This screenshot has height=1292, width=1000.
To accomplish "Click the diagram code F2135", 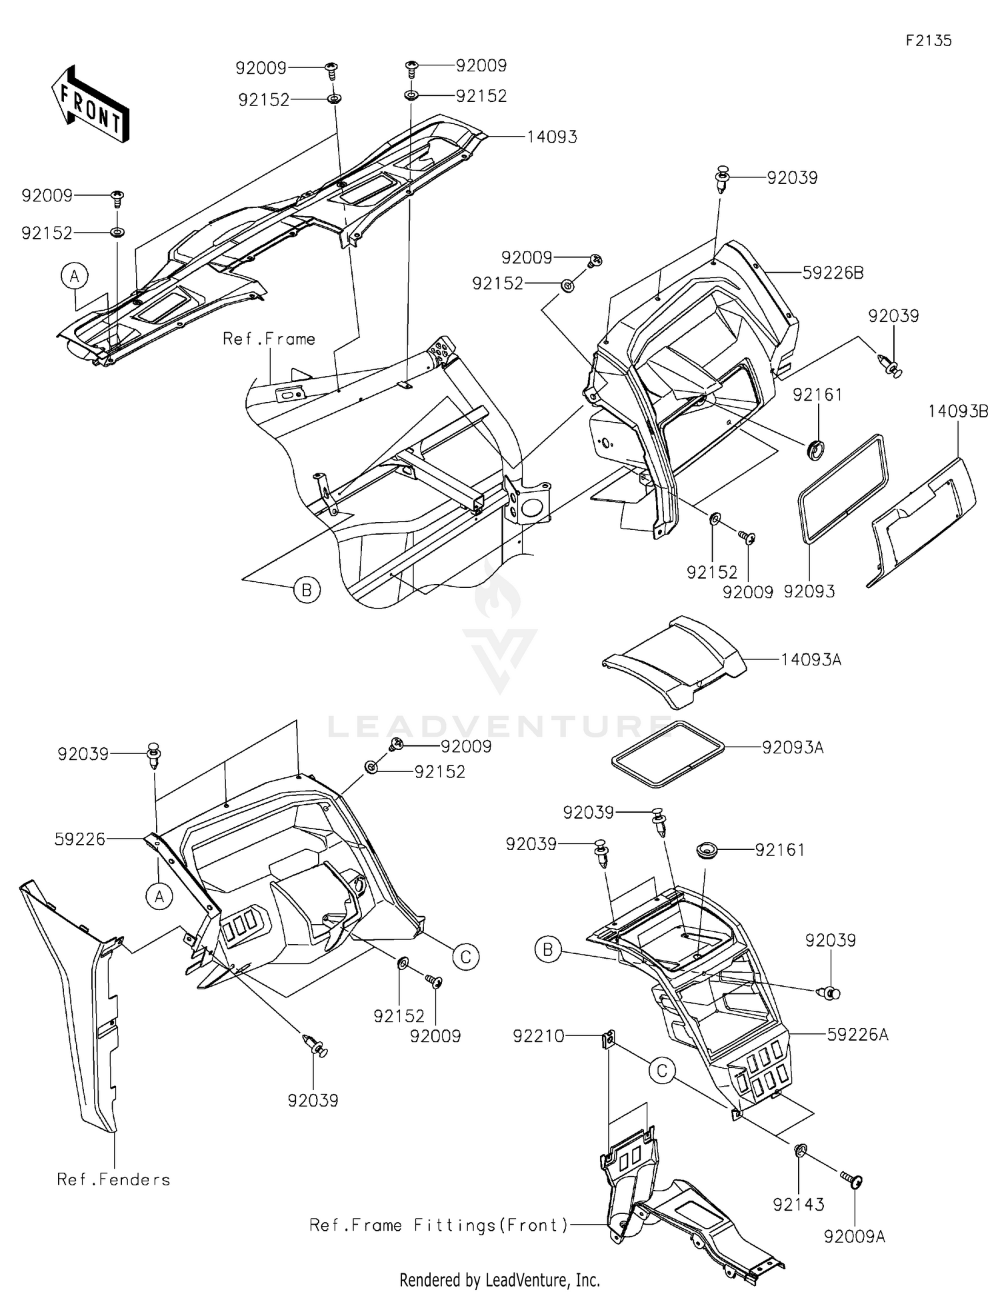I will (x=928, y=41).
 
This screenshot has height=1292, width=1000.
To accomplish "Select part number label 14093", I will (x=552, y=137).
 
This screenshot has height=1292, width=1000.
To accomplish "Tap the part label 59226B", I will (x=833, y=273).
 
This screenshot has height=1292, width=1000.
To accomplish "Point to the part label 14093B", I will (x=958, y=411).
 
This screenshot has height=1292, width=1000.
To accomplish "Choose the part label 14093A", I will (x=811, y=660).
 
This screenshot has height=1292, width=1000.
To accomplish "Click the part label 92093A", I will (x=793, y=748).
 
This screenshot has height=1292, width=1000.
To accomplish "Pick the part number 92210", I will (x=538, y=1036).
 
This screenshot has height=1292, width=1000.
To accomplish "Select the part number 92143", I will (x=799, y=1205).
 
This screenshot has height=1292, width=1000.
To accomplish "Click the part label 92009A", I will (x=855, y=1237).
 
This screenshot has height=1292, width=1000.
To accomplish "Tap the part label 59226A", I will (x=858, y=1035).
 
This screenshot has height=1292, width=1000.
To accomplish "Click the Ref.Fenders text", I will (x=113, y=1179).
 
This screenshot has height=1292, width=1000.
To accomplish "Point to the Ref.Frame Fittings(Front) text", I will (x=439, y=1225).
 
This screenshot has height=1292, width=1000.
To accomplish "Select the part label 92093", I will (x=809, y=591).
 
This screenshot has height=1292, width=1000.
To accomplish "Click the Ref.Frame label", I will (x=269, y=339).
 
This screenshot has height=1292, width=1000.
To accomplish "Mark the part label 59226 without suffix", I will (x=80, y=839).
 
